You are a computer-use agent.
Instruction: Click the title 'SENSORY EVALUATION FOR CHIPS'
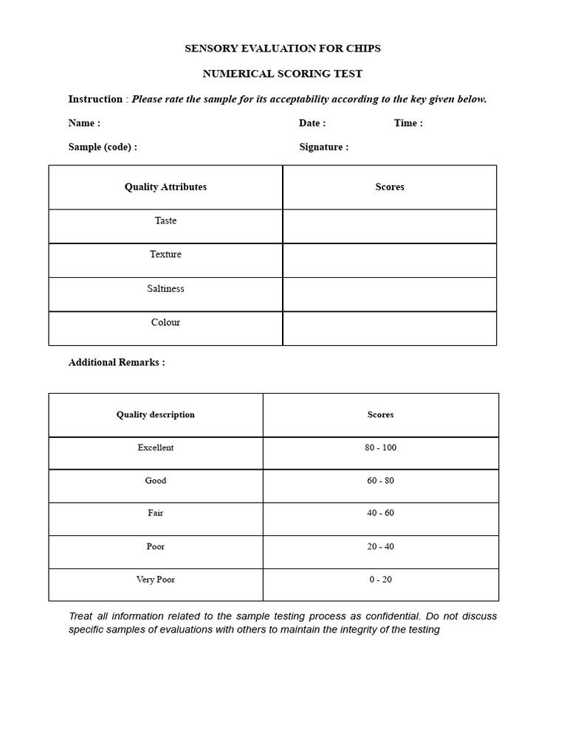point(282,49)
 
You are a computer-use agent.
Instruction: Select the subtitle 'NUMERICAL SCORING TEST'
point(282,74)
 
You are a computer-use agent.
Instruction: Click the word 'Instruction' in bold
point(95,99)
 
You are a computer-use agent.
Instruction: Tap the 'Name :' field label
point(84,123)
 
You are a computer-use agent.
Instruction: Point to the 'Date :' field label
point(312,123)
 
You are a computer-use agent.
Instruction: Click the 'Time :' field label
point(408,123)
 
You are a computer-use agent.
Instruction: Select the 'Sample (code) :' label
point(103,147)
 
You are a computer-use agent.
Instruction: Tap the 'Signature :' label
point(323,147)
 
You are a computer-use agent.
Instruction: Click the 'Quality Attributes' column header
point(165,187)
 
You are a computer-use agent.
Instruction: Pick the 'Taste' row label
point(165,220)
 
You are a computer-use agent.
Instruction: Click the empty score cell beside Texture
point(389,260)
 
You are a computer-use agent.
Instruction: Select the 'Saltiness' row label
point(165,288)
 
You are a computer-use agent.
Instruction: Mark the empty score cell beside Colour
point(389,328)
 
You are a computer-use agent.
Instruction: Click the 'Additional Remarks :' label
point(117,362)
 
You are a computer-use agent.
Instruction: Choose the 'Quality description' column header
point(155,414)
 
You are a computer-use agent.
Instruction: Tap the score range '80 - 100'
point(380,448)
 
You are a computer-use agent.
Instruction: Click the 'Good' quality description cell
point(155,481)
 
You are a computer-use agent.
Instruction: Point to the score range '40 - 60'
point(380,513)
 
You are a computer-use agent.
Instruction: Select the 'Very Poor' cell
point(155,580)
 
